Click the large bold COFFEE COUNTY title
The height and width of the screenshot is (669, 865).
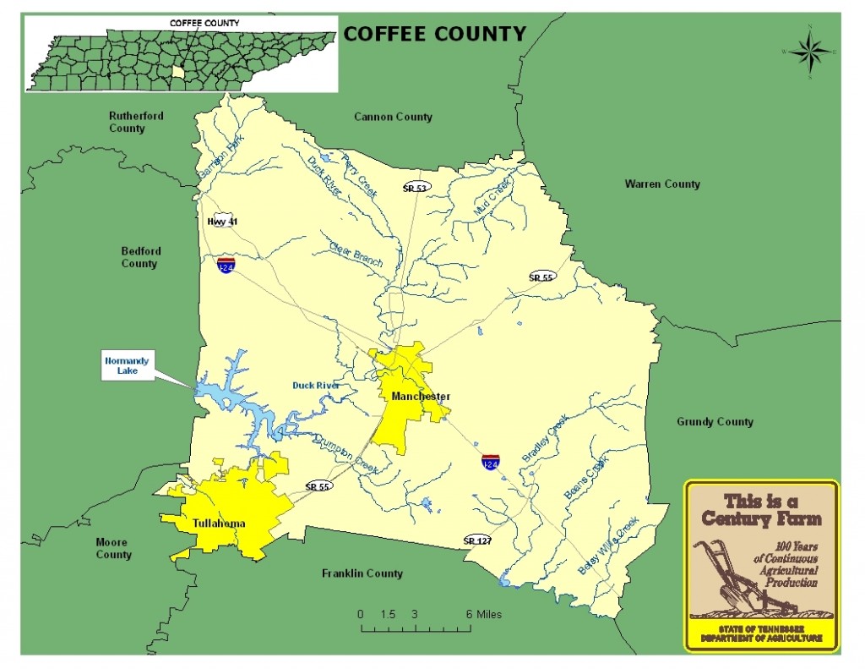click(x=434, y=34)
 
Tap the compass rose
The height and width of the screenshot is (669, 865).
click(x=809, y=52)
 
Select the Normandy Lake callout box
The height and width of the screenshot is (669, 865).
click(x=127, y=366)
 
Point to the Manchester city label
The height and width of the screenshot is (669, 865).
click(x=420, y=397)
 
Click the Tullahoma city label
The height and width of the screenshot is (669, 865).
click(x=218, y=523)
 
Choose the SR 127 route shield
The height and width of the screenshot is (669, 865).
click(x=477, y=540)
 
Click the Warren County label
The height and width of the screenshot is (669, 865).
click(x=662, y=184)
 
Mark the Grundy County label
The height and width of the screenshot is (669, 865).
click(x=715, y=422)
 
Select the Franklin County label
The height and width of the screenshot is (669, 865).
click(x=362, y=573)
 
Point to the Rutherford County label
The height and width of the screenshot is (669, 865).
click(x=136, y=122)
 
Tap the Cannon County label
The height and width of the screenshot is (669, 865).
click(x=393, y=117)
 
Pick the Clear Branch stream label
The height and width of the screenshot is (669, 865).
click(x=356, y=255)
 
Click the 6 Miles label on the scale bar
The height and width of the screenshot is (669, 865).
click(x=483, y=614)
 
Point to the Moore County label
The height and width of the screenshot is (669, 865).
click(x=113, y=549)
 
